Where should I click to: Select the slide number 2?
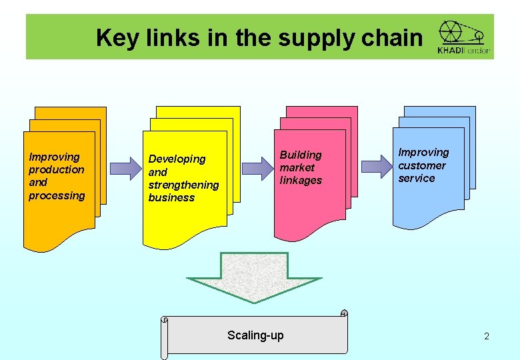487,336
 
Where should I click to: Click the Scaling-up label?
255,335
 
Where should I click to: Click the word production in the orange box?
57,169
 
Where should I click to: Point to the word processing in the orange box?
57,195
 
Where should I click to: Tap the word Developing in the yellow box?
177,159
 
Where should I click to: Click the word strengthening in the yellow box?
183,185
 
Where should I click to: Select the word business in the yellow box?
171,197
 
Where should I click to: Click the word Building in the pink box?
301,155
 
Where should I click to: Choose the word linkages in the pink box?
301,180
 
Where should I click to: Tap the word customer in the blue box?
422,165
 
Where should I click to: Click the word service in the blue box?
417,178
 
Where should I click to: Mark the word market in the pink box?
297,167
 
